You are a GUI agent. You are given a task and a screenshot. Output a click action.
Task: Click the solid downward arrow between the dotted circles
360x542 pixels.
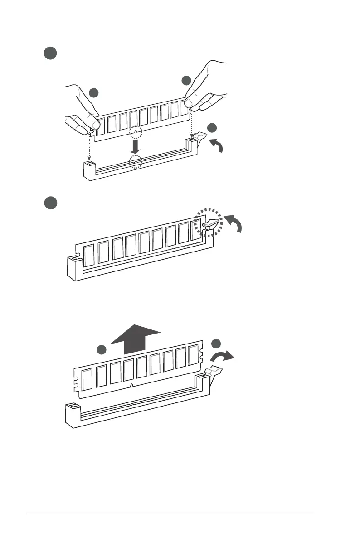point(135,146)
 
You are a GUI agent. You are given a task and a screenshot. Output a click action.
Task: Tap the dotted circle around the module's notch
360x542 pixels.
point(135,132)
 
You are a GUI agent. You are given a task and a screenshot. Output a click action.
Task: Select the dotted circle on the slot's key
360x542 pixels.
point(135,161)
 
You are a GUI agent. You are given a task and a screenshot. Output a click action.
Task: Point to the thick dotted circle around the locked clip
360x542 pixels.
point(208,222)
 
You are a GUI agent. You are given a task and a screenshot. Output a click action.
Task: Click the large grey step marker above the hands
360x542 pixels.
point(50,53)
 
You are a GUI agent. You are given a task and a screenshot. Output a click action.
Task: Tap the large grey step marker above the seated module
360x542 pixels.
point(50,203)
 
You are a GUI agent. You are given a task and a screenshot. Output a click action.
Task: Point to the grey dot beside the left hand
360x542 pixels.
point(93,93)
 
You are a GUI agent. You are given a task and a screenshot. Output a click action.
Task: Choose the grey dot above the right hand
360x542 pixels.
point(186,81)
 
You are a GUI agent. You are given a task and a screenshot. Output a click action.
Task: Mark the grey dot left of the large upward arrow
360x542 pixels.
point(102,349)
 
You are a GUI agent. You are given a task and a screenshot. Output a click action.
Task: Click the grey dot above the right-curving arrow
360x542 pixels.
point(216,344)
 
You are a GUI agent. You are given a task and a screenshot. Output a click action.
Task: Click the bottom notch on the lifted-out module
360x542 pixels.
point(131,385)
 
